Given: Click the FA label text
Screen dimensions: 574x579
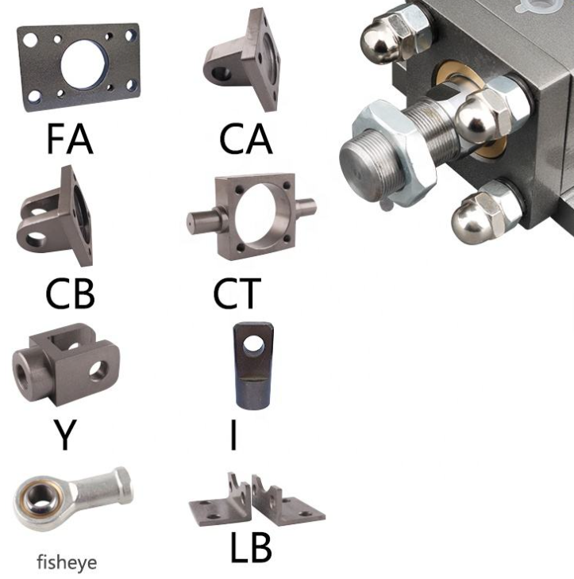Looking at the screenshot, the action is coord(70,139).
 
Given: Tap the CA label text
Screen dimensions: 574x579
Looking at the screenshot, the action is coord(246,139).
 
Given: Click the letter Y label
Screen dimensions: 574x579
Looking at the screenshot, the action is coord(65,435).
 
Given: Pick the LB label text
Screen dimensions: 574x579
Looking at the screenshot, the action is coord(251,547).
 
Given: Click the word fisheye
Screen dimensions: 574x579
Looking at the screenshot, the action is coord(67,563).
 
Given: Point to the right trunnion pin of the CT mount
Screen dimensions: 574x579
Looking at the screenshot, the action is coord(306,207).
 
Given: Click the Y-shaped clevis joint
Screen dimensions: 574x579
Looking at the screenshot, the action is coord(66,364).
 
